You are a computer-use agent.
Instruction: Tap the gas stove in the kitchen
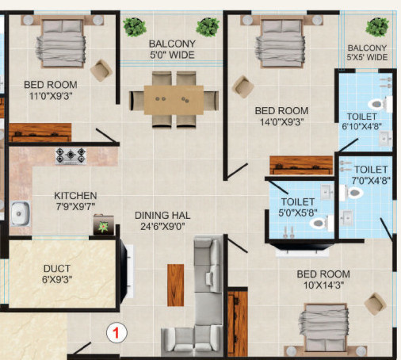point(71,156)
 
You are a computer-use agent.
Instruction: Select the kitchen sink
point(20,213)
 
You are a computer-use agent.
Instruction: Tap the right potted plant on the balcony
point(208,27)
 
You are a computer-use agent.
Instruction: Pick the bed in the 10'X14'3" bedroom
point(323,327)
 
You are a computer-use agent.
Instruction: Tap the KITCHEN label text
point(75,195)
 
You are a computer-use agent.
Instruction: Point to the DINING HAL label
point(161,214)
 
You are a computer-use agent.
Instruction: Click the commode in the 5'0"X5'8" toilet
point(317,224)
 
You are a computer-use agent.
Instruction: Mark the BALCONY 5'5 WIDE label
point(367,52)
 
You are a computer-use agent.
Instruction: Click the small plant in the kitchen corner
point(102,226)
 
